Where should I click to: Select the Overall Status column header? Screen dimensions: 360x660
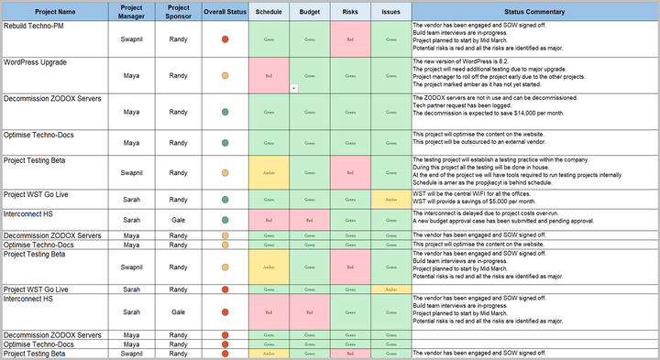pyautogui.click(x=225, y=12)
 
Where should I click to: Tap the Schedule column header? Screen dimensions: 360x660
pyautogui.click(x=269, y=12)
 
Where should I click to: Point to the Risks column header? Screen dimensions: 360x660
pyautogui.click(x=350, y=12)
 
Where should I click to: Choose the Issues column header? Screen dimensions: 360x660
pyautogui.click(x=391, y=12)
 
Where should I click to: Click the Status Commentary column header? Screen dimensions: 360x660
pyautogui.click(x=534, y=12)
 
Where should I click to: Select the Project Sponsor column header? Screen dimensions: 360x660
pyautogui.click(x=178, y=12)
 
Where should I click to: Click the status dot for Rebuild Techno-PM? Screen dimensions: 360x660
pyautogui.click(x=225, y=39)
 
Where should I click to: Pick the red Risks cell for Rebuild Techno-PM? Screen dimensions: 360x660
pyautogui.click(x=350, y=39)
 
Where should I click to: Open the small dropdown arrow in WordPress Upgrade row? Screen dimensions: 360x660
pyautogui.click(x=293, y=88)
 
